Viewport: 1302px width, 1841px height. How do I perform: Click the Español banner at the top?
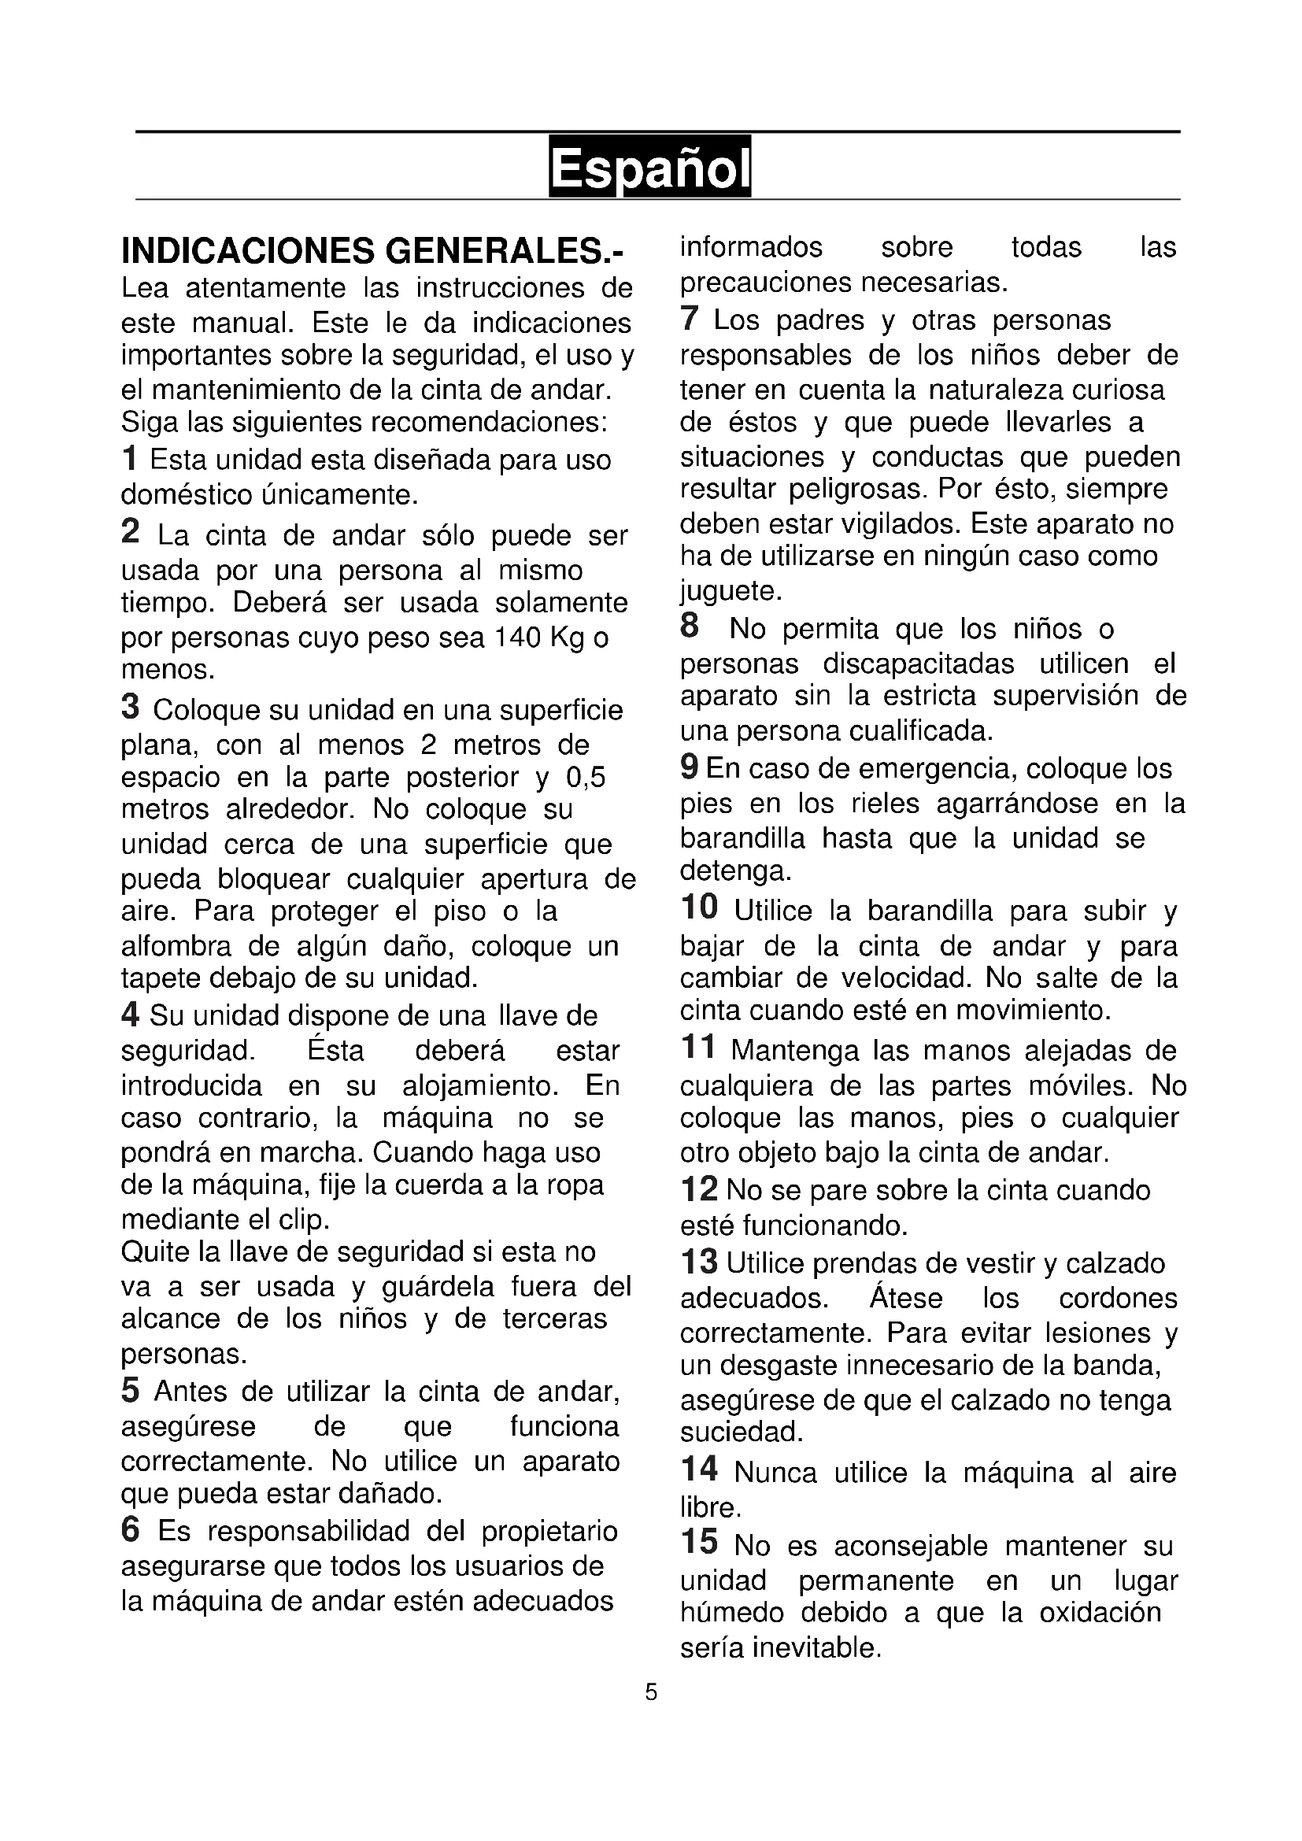tap(649, 166)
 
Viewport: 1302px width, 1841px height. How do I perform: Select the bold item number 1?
tap(129, 460)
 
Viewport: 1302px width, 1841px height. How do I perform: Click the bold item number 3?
tap(130, 708)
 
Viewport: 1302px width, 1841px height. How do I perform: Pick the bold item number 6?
tap(130, 1530)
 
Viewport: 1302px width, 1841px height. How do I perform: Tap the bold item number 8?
tap(689, 627)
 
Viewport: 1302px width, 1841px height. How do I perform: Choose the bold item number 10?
tap(698, 908)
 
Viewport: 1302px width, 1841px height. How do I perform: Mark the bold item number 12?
tap(698, 1190)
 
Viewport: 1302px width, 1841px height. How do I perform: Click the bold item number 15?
tap(698, 1542)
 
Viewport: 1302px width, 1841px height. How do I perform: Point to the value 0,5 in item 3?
tap(585, 777)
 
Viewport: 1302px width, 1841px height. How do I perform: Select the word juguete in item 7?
tap(730, 591)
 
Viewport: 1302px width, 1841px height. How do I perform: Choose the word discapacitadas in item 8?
tap(918, 664)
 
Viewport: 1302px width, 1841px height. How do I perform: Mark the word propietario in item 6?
tap(549, 1532)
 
